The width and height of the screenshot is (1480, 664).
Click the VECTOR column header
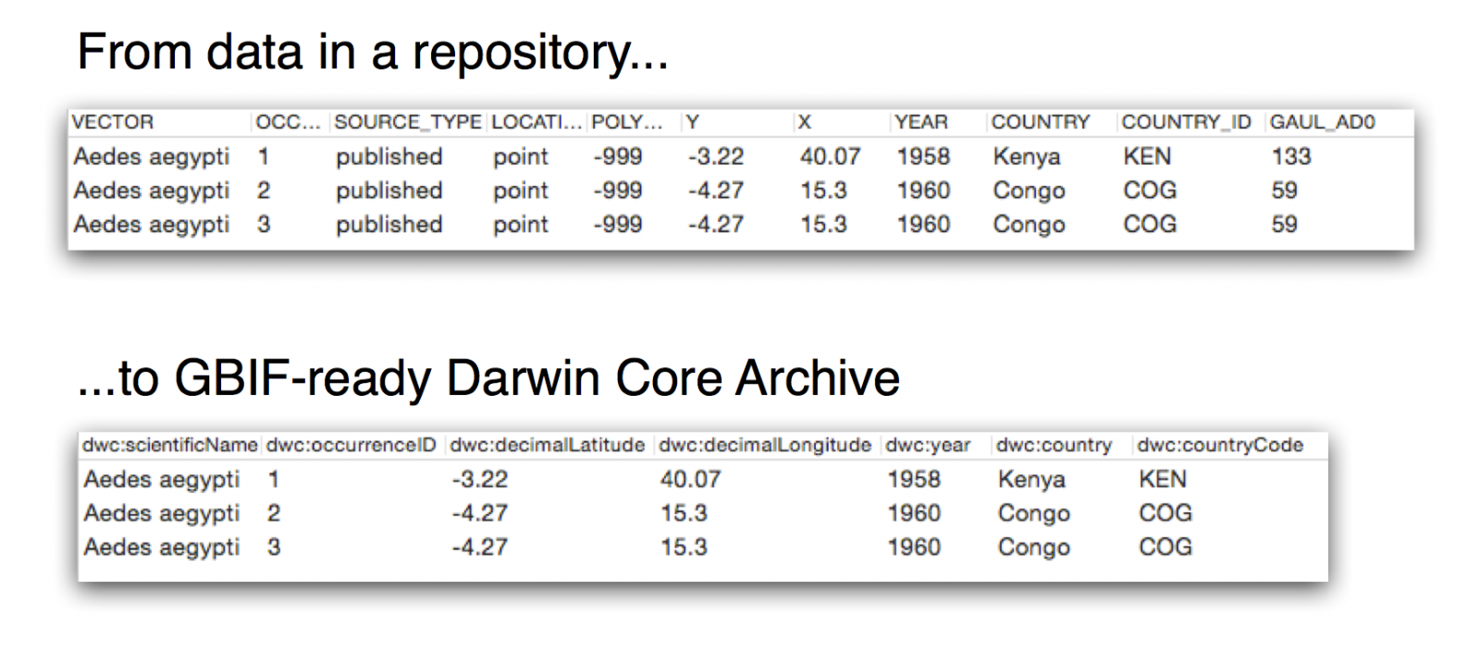[112, 122]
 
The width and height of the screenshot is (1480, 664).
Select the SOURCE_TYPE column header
[408, 122]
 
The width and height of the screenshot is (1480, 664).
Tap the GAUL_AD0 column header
[1322, 122]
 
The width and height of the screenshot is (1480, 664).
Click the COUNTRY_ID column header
[1186, 122]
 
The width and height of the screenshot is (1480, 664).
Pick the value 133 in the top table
[1291, 156]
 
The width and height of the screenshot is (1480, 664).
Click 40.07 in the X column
[830, 156]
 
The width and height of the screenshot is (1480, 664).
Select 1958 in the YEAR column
[923, 156]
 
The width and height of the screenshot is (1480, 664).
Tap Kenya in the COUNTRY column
[1026, 156]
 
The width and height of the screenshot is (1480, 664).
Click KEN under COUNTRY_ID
[1147, 156]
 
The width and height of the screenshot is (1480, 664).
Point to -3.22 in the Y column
[716, 156]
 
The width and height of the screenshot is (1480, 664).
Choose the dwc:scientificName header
[170, 446]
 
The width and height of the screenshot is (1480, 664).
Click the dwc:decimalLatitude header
[547, 446]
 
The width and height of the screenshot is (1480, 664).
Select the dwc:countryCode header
[1220, 446]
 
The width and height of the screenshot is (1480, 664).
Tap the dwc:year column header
[928, 446]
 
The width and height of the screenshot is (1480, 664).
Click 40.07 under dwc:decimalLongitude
[690, 479]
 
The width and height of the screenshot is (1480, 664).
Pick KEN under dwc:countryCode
[1163, 479]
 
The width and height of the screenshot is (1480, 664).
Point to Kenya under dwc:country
[1031, 479]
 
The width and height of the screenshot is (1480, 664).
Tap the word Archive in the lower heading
[818, 378]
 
